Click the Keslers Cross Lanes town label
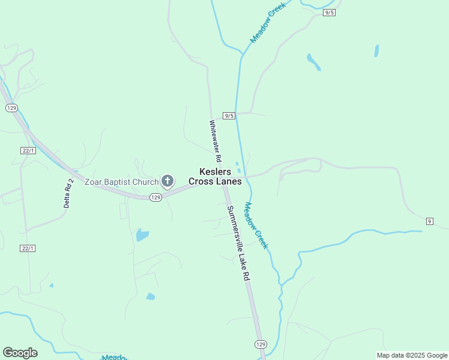pyautogui.click(x=215, y=176)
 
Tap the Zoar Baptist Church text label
pyautogui.click(x=121, y=182)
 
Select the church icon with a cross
pyautogui.click(x=167, y=181)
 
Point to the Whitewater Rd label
pyautogui.click(x=215, y=141)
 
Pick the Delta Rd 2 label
pyautogui.click(x=68, y=193)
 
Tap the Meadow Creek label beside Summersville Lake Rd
pyautogui.click(x=255, y=225)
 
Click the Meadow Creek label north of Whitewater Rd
pyautogui.click(x=268, y=22)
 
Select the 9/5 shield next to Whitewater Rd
pyautogui.click(x=228, y=115)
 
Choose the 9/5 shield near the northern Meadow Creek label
pyautogui.click(x=329, y=13)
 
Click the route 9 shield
pyautogui.click(x=429, y=221)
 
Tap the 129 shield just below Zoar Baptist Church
pyautogui.click(x=155, y=197)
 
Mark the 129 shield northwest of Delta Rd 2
pyautogui.click(x=11, y=107)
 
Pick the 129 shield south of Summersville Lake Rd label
pyautogui.click(x=260, y=344)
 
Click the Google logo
pyautogui.click(x=20, y=353)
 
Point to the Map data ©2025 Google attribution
pyautogui.click(x=411, y=355)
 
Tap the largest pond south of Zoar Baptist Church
pyautogui.click(x=142, y=235)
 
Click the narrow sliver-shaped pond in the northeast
pyautogui.click(x=376, y=50)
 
